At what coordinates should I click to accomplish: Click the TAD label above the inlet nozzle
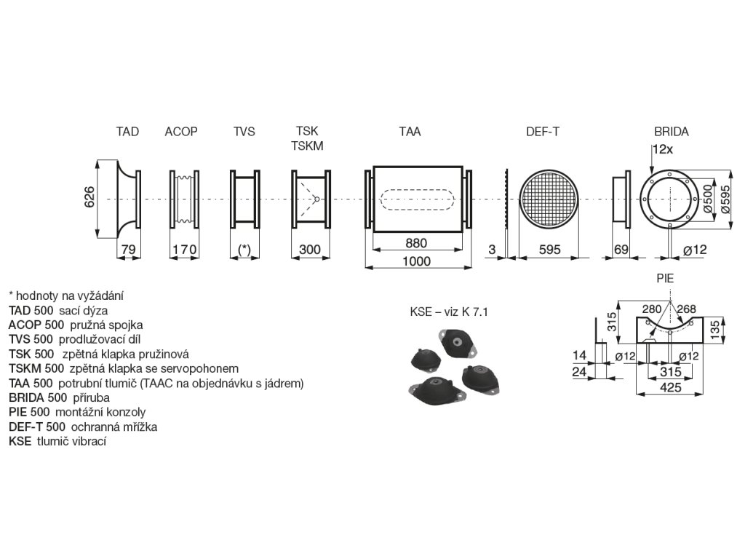point(127,132)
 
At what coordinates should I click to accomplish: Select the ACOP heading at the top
point(181,132)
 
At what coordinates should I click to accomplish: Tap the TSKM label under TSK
point(307,146)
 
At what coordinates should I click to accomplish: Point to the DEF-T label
point(543,132)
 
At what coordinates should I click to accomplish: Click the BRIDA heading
point(671,132)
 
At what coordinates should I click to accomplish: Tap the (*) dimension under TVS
point(244,250)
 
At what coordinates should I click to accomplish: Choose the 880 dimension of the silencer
point(416,243)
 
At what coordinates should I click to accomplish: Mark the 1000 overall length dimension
point(417,261)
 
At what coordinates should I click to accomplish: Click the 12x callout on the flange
point(662,149)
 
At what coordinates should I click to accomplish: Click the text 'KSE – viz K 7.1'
point(448,312)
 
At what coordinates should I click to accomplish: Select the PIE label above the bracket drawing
point(665,278)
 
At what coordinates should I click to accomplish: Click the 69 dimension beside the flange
point(621,250)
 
